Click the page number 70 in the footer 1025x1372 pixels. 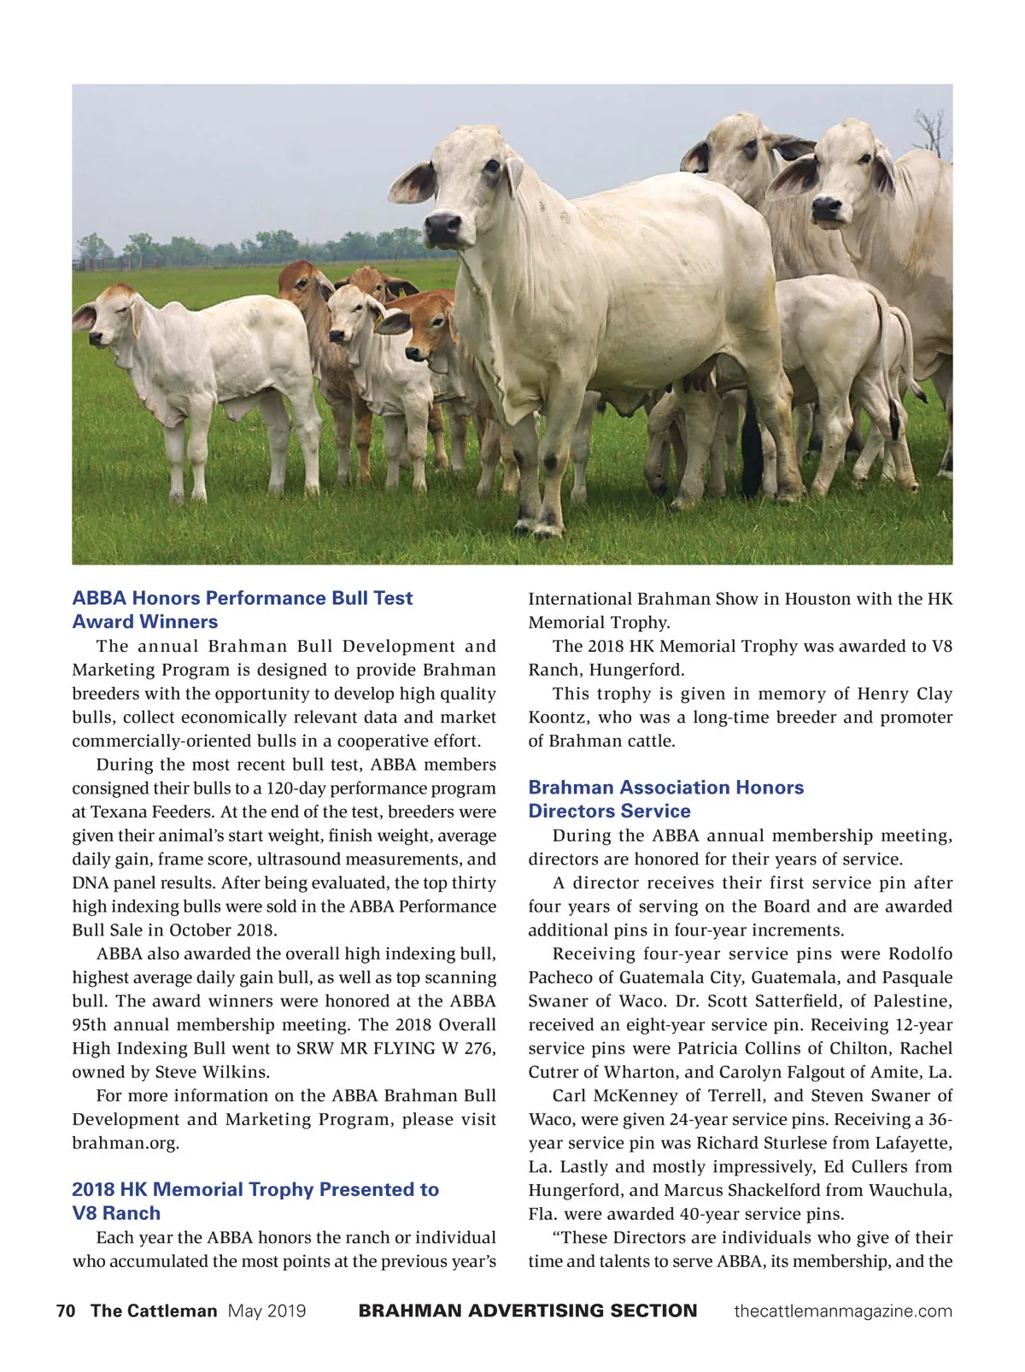click(66, 1311)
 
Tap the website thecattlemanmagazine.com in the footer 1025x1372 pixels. click(842, 1311)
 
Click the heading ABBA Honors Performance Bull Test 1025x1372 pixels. click(243, 598)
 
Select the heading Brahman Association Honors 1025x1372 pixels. click(665, 788)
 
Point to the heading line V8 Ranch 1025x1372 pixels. click(116, 1213)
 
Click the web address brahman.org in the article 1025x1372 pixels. click(125, 1143)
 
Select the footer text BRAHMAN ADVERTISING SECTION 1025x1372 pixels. click(528, 1311)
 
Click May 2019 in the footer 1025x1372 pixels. click(266, 1311)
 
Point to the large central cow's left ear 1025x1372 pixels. click(413, 182)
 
